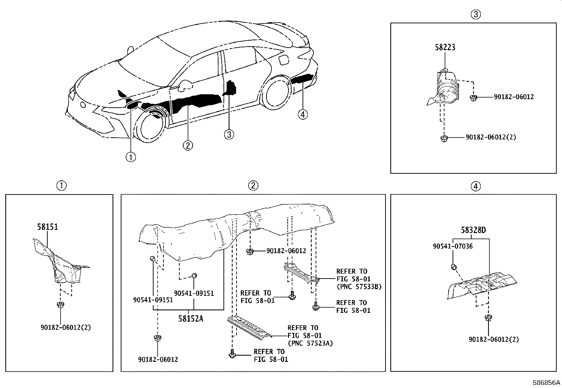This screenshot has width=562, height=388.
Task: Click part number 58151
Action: pyautogui.click(x=47, y=227)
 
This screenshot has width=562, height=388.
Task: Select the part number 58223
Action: pyautogui.click(x=445, y=47)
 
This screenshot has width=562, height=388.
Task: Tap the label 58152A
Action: pyautogui.click(x=191, y=318)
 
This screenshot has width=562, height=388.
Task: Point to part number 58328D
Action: pyautogui.click(x=473, y=230)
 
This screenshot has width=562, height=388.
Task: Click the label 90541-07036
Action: pyautogui.click(x=453, y=246)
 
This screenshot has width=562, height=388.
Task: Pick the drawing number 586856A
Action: pyautogui.click(x=546, y=383)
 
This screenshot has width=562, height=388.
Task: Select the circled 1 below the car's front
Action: pyautogui.click(x=131, y=157)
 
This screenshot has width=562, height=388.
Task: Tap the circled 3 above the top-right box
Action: pyautogui.click(x=476, y=14)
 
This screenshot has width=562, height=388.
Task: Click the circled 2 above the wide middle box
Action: pyautogui.click(x=253, y=186)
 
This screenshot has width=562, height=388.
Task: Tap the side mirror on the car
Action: pyautogui.click(x=186, y=85)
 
